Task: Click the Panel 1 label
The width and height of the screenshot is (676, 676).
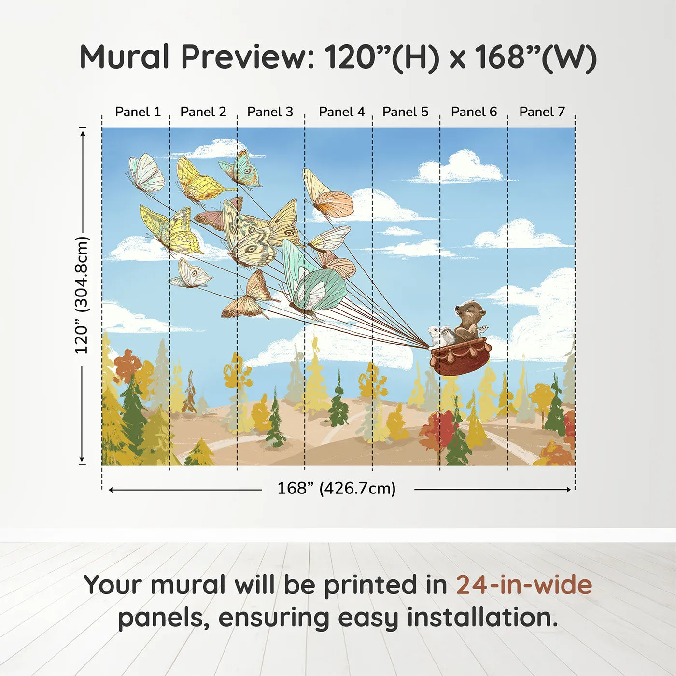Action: pyautogui.click(x=138, y=112)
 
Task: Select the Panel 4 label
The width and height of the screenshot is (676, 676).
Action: pyautogui.click(x=341, y=112)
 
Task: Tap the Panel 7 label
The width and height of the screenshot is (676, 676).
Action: pyautogui.click(x=542, y=112)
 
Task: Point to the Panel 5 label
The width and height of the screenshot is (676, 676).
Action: pyautogui.click(x=405, y=112)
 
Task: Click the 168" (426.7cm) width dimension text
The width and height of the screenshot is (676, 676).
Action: pyautogui.click(x=336, y=488)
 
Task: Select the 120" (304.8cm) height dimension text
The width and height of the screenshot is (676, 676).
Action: pyautogui.click(x=82, y=295)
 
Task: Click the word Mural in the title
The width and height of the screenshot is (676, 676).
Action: pyautogui.click(x=124, y=57)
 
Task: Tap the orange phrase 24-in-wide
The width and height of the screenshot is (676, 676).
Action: pyautogui.click(x=524, y=585)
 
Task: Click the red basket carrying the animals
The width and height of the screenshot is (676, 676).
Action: pyautogui.click(x=459, y=357)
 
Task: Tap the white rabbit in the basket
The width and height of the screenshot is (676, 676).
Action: pyautogui.click(x=435, y=335)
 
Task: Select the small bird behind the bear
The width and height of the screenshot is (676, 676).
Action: pyautogui.click(x=482, y=329)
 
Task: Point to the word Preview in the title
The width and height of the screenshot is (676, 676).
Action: pyautogui.click(x=247, y=57)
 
